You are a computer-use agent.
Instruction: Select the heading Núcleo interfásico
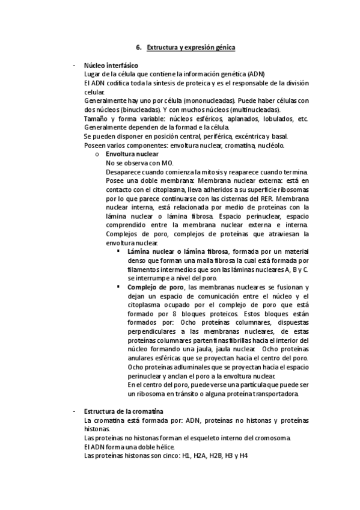(111, 65)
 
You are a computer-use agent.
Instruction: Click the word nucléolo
(274, 146)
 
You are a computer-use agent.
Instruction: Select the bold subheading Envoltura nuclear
(132, 155)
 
